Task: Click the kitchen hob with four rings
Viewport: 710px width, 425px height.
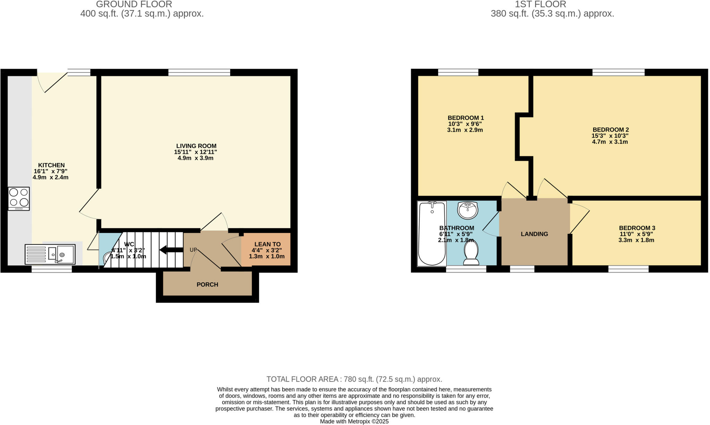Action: [x=19, y=198]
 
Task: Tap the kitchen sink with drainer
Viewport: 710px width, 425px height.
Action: [x=50, y=255]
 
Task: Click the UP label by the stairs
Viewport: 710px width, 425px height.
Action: [x=193, y=250]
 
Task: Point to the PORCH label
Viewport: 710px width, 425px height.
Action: [x=207, y=284]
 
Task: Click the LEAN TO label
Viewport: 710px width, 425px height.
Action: [x=267, y=244]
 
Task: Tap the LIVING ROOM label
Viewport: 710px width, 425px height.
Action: [x=196, y=146]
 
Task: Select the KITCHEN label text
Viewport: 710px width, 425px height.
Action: [x=51, y=165]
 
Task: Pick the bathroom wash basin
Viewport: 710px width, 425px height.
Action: [x=468, y=210]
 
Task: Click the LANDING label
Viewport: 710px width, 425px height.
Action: [x=534, y=234]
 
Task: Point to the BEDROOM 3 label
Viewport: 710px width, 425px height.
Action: [x=637, y=228]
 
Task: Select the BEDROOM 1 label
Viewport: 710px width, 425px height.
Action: [x=466, y=118]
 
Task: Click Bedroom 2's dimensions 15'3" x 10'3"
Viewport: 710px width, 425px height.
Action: [x=610, y=136]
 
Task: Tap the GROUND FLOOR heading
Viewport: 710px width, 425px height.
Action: [x=134, y=4]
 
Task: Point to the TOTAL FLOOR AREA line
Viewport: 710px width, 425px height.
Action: [x=354, y=379]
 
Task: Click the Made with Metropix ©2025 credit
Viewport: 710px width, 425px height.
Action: [x=354, y=422]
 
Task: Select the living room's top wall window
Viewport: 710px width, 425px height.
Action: [x=199, y=72]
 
